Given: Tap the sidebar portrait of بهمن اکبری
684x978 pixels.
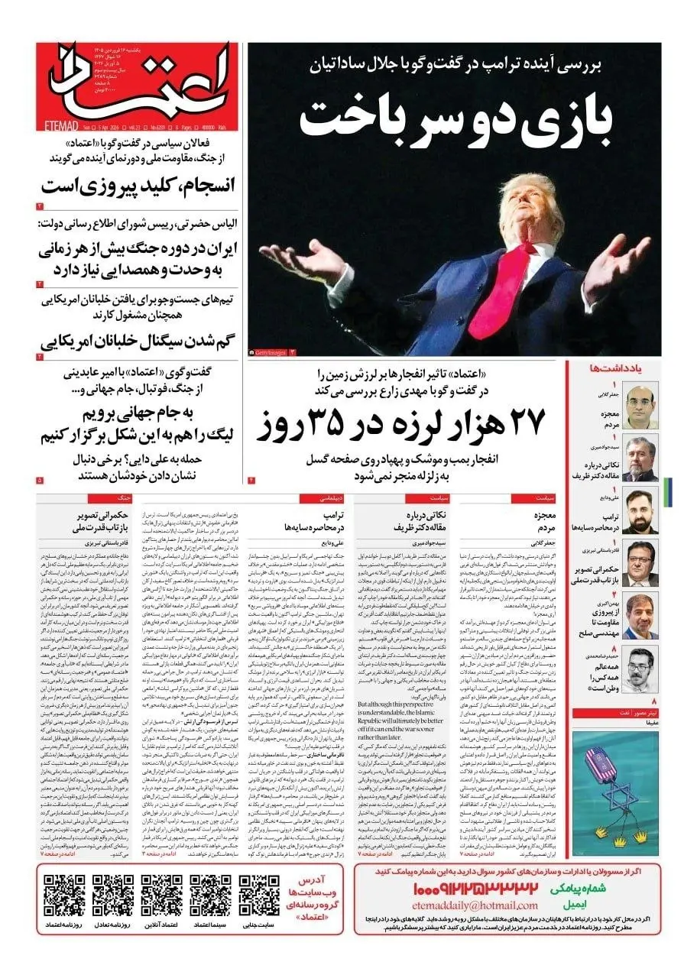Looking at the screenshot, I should [x=640, y=614].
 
